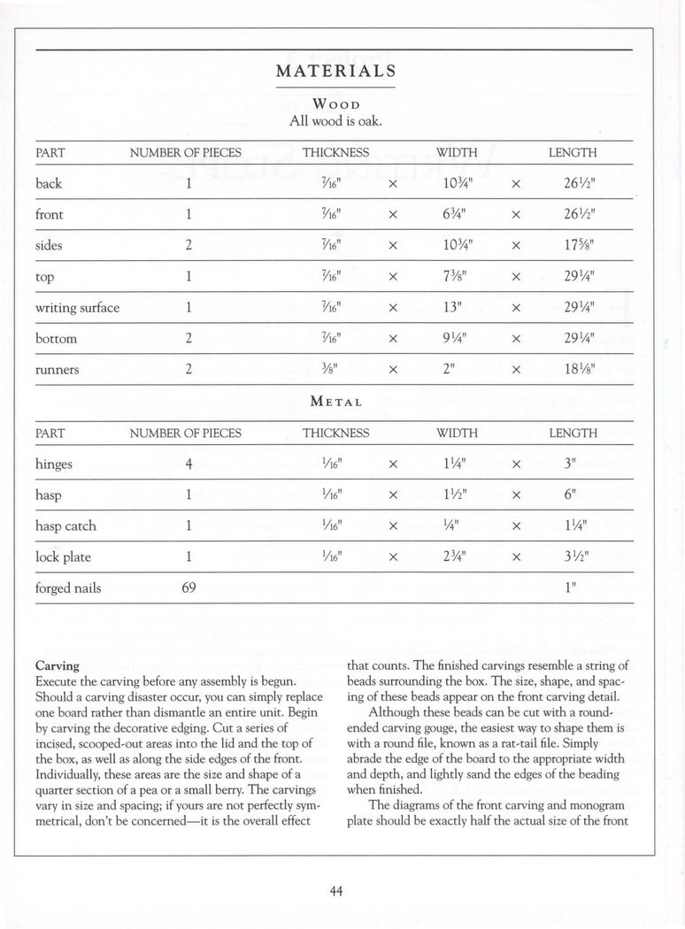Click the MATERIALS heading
(x=335, y=71)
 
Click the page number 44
(x=335, y=891)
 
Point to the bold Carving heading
(x=57, y=665)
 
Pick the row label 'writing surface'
(x=77, y=308)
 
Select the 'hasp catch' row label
(x=65, y=526)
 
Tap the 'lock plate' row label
(x=63, y=557)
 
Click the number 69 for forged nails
(x=189, y=588)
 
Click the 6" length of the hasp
(x=572, y=495)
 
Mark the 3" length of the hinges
(x=572, y=464)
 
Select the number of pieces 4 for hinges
(x=189, y=464)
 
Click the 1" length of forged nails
(x=572, y=588)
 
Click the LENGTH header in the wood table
(x=573, y=153)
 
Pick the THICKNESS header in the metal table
(x=335, y=434)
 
